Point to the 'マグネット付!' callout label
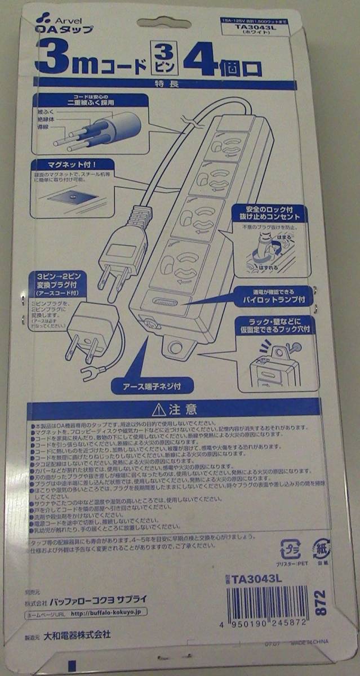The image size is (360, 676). tap(70, 165)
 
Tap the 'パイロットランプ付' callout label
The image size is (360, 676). tap(270, 296)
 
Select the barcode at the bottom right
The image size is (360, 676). tap(270, 603)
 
